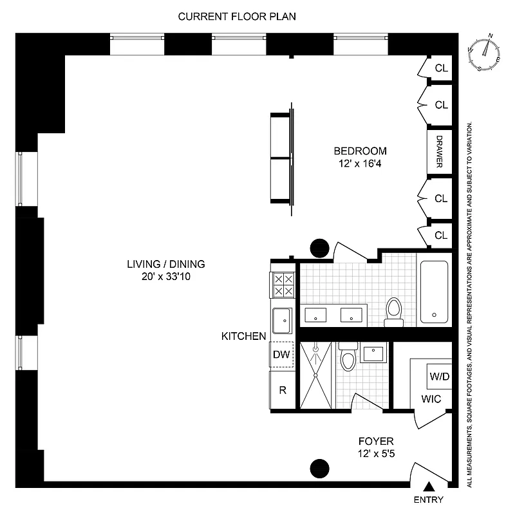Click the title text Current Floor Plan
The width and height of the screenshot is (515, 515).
click(x=237, y=16)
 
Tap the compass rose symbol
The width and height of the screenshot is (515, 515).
click(x=486, y=53)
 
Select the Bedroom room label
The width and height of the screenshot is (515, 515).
click(x=360, y=151)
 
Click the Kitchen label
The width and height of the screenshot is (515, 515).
click(x=243, y=336)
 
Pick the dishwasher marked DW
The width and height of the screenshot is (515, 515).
click(x=281, y=354)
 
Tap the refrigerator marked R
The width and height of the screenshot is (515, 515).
click(x=281, y=389)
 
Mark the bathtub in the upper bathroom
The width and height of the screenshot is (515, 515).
click(x=435, y=291)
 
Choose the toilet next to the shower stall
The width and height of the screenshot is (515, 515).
click(x=348, y=359)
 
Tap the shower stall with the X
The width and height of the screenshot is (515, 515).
click(x=316, y=375)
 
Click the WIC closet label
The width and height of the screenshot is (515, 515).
click(x=431, y=399)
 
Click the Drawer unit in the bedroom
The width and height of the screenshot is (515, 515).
click(x=440, y=152)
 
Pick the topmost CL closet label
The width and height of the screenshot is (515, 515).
click(x=441, y=68)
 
